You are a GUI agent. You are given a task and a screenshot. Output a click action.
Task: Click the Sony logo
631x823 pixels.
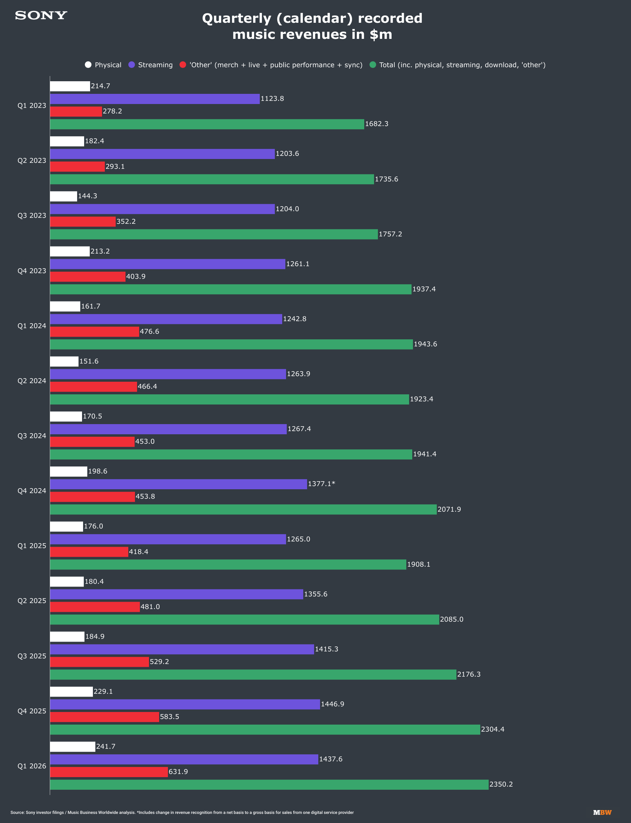pyautogui.click(x=41, y=15)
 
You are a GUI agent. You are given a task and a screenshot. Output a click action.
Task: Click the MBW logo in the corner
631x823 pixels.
pyautogui.click(x=602, y=812)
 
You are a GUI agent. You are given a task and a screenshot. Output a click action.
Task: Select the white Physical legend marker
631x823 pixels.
pyautogui.click(x=88, y=64)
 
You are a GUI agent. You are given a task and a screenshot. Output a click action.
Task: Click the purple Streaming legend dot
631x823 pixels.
pyautogui.click(x=131, y=64)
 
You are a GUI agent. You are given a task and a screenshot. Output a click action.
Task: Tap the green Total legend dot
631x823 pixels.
pyautogui.click(x=373, y=64)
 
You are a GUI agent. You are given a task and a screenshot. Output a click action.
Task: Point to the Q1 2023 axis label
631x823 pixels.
pyautogui.click(x=32, y=105)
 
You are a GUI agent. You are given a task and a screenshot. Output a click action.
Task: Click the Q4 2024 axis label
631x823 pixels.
pyautogui.click(x=32, y=491)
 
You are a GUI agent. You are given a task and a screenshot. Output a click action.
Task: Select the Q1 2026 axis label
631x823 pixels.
pyautogui.click(x=32, y=766)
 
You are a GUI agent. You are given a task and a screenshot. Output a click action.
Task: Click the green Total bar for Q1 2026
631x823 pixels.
pyautogui.click(x=269, y=785)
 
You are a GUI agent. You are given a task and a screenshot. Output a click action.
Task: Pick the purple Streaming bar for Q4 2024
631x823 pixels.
pyautogui.click(x=178, y=484)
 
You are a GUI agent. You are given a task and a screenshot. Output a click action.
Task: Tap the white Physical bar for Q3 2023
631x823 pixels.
pyautogui.click(x=63, y=196)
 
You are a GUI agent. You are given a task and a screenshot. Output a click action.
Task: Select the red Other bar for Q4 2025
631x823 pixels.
pyautogui.click(x=104, y=717)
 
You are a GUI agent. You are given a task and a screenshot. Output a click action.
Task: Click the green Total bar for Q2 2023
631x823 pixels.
pyautogui.click(x=212, y=179)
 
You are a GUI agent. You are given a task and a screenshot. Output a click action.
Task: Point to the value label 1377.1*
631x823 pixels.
pyautogui.click(x=321, y=484)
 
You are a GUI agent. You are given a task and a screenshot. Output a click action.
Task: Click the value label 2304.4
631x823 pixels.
pyautogui.click(x=493, y=729)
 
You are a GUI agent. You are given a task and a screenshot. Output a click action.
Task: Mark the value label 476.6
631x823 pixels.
pyautogui.click(x=149, y=331)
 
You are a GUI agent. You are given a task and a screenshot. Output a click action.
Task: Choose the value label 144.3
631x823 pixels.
pyautogui.click(x=88, y=196)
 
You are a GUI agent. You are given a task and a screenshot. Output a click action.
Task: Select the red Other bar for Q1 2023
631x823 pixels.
pyautogui.click(x=76, y=111)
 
